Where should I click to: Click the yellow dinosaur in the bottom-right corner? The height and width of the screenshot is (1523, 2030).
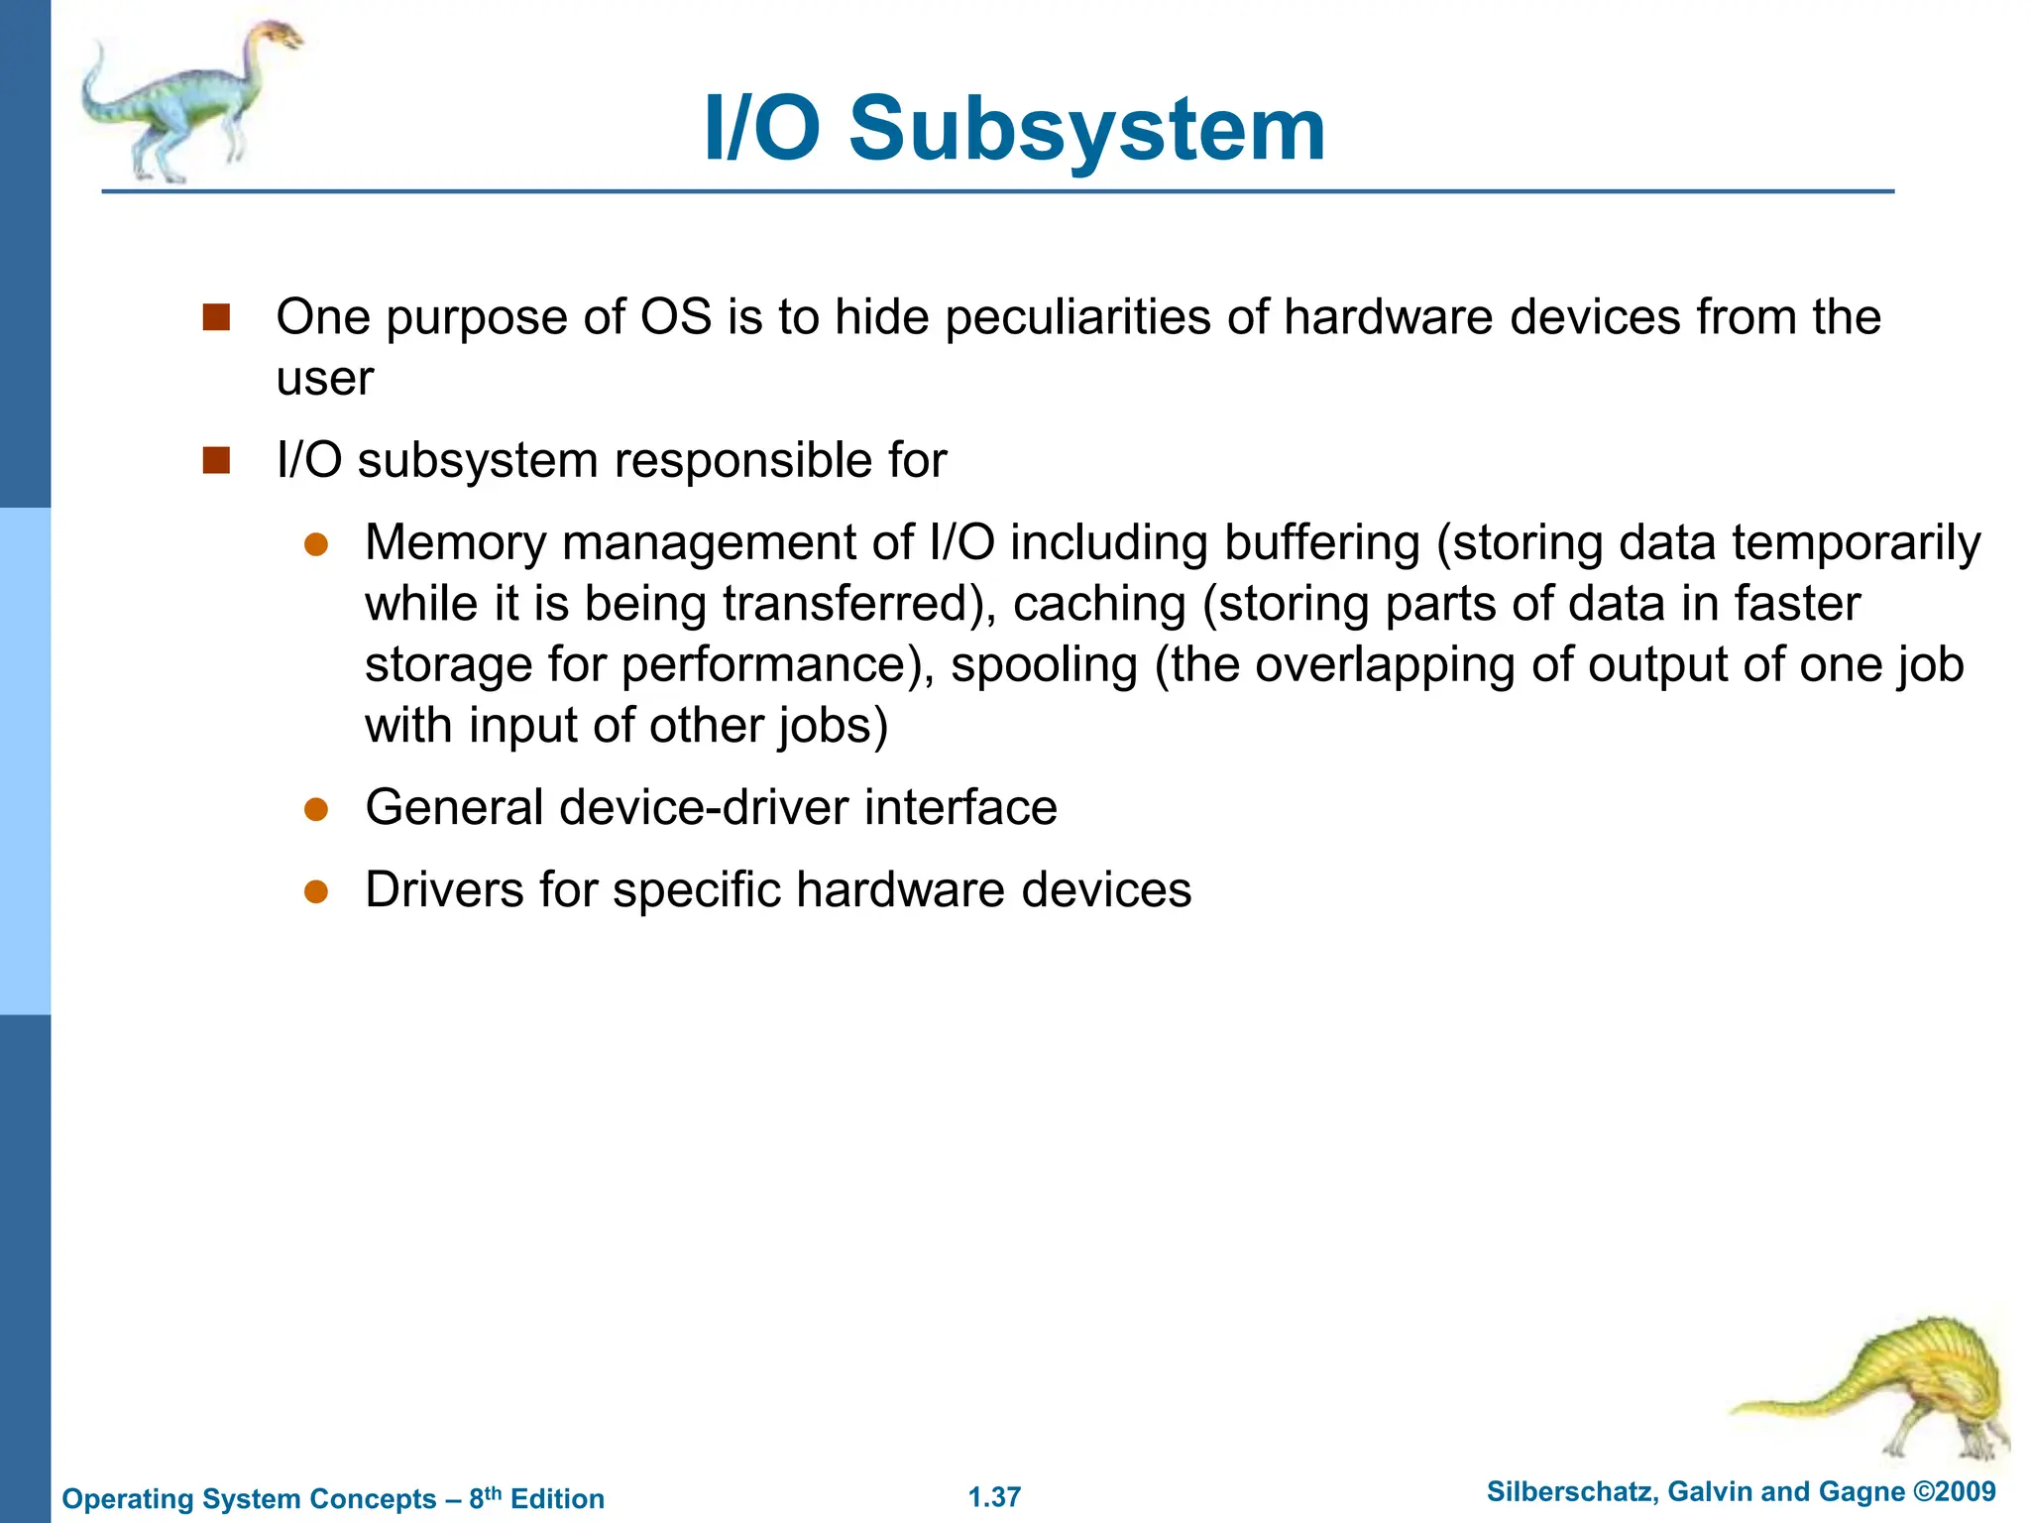(1883, 1388)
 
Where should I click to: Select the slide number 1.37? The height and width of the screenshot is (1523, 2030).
(994, 1497)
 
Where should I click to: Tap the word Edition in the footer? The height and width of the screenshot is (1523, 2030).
(557, 1498)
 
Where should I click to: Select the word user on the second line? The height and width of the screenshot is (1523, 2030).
(324, 379)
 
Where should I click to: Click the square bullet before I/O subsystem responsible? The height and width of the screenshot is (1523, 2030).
(216, 461)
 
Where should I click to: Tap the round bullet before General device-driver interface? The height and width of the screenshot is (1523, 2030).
(316, 809)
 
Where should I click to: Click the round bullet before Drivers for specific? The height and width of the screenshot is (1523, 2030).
(316, 891)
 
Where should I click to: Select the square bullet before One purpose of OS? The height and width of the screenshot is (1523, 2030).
(216, 317)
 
